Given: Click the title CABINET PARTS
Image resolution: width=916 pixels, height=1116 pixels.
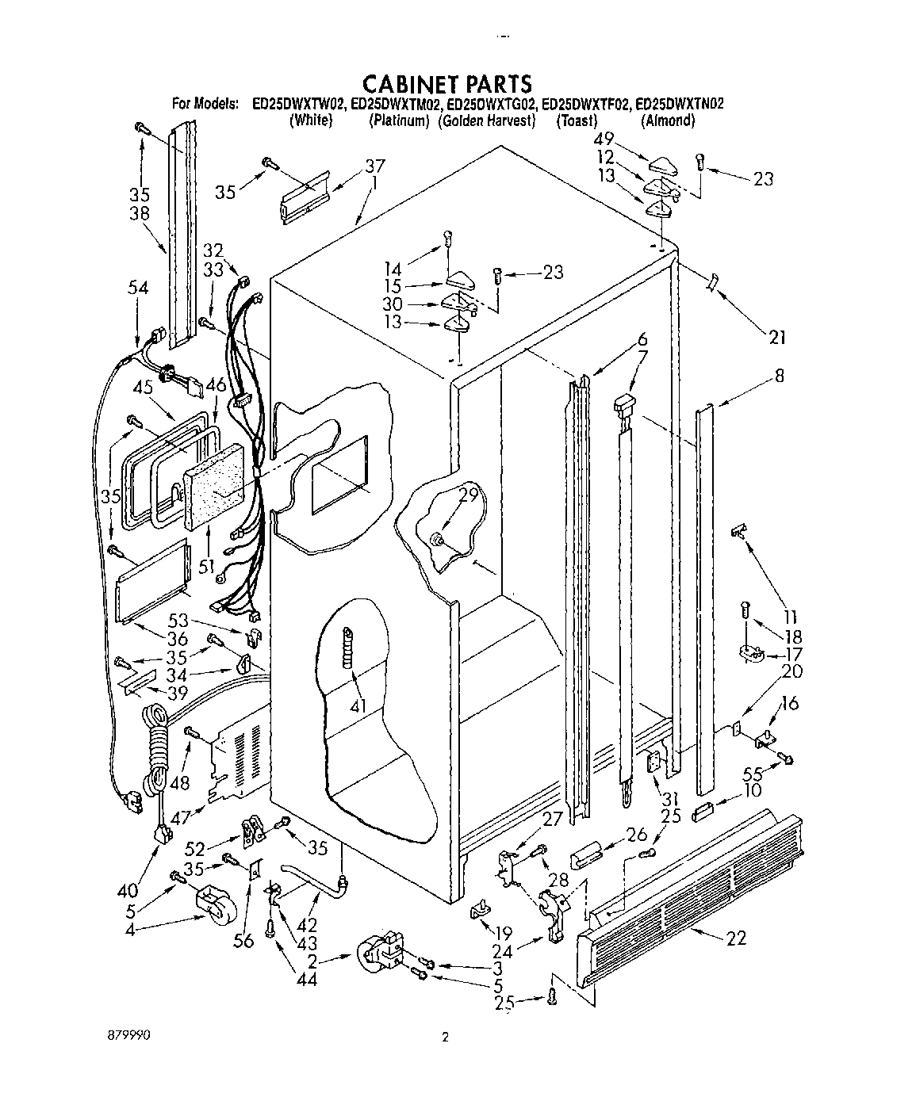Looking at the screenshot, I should pyautogui.click(x=446, y=82).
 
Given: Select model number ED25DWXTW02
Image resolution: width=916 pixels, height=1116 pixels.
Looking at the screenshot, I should pyautogui.click(x=298, y=104).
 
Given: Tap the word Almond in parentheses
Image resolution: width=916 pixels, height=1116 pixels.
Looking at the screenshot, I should pyautogui.click(x=668, y=121).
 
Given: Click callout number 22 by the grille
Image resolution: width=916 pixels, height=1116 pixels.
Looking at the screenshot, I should pyautogui.click(x=735, y=939).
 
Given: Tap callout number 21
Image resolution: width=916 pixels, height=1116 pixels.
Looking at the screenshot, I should pyautogui.click(x=776, y=338).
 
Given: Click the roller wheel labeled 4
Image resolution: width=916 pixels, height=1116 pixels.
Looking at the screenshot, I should pyautogui.click(x=216, y=903).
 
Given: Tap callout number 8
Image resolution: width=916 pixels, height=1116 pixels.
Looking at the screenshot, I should pyautogui.click(x=779, y=376).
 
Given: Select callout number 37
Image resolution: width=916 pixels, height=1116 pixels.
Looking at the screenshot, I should pyautogui.click(x=374, y=166).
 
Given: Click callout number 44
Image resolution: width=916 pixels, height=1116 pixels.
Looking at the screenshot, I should pyautogui.click(x=306, y=980).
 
